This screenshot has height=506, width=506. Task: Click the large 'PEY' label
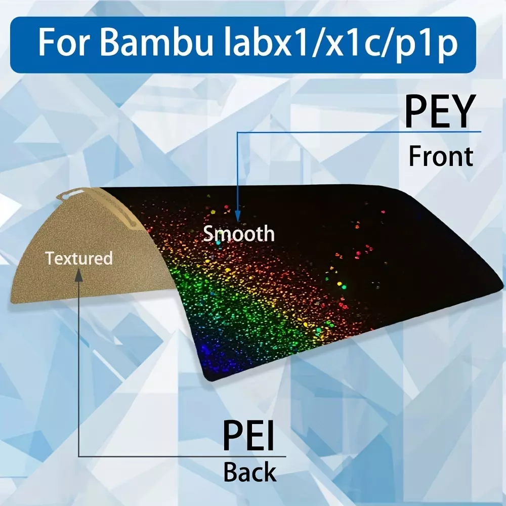[x=440, y=111]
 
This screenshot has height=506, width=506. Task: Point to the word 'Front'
[x=441, y=156]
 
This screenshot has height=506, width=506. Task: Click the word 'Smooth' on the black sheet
[x=239, y=234]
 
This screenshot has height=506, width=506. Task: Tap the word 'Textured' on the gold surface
[x=79, y=259]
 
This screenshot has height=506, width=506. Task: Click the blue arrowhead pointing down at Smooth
[x=238, y=216]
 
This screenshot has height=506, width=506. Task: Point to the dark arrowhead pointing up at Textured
[x=79, y=275]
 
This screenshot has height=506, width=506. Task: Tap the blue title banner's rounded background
[x=243, y=45]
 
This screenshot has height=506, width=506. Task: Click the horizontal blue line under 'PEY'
[x=359, y=132]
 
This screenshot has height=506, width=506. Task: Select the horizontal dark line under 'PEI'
[x=182, y=456]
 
